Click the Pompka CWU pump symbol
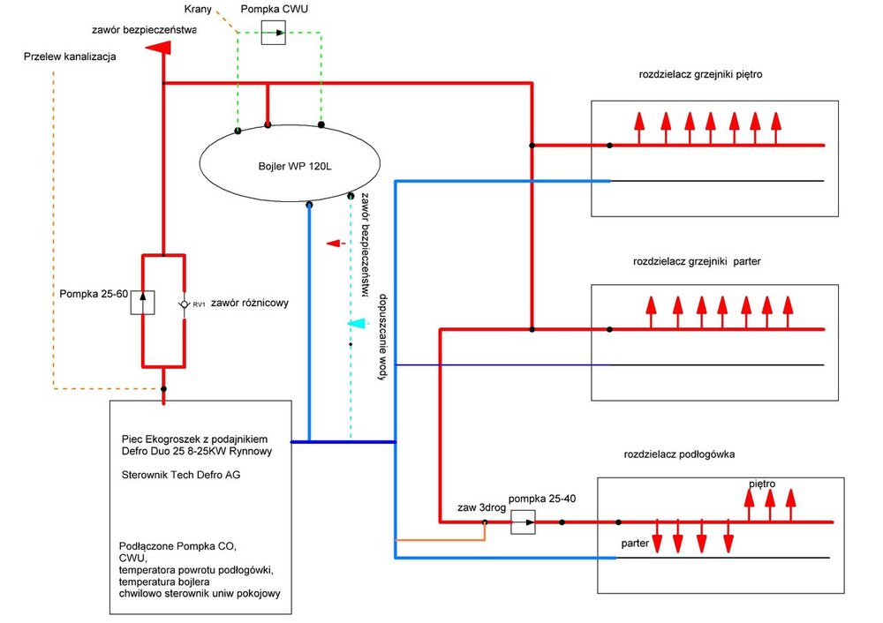coord(274,34)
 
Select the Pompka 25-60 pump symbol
coord(143,303)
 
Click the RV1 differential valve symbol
coord(184,304)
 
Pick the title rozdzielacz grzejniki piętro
coord(699,75)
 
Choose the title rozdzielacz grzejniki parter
coord(697,262)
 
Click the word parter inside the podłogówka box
coord(635,544)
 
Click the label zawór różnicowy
coord(245,303)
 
